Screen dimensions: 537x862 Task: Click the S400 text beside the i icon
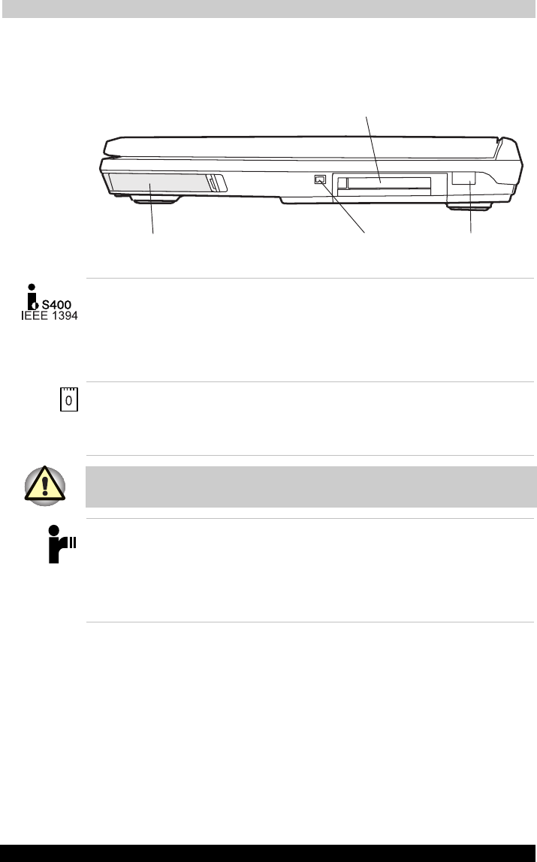click(x=56, y=305)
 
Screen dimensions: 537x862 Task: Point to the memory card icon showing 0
click(x=68, y=399)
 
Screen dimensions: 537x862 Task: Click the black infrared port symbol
click(x=62, y=544)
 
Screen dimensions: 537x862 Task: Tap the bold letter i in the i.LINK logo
click(x=32, y=297)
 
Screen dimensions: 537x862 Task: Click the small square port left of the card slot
click(x=321, y=179)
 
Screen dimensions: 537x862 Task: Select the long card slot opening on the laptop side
click(x=388, y=184)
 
